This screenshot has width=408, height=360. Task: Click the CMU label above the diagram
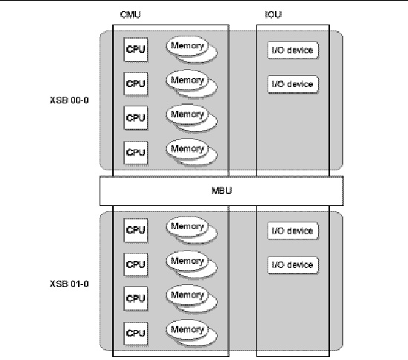(x=130, y=15)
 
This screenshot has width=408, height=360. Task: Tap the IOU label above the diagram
(x=273, y=15)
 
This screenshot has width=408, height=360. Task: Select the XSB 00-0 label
(x=69, y=100)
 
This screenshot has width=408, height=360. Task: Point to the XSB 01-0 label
(x=69, y=283)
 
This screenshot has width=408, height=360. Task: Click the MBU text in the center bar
(x=221, y=190)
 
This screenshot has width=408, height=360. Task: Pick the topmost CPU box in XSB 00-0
(x=136, y=50)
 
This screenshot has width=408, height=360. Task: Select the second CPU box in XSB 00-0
(x=136, y=83)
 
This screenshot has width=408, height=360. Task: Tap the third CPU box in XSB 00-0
(x=136, y=118)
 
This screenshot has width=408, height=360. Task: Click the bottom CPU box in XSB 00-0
(x=136, y=152)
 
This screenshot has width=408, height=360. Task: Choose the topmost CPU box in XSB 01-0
(x=136, y=231)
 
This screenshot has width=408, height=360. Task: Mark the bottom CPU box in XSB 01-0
(x=136, y=333)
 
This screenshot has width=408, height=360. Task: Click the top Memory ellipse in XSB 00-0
(x=187, y=46)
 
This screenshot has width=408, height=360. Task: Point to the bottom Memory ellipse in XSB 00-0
(x=187, y=149)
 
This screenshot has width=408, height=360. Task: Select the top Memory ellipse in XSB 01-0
(x=187, y=226)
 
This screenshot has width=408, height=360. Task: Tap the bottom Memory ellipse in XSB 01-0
(x=187, y=330)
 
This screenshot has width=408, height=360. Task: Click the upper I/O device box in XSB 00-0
(x=293, y=50)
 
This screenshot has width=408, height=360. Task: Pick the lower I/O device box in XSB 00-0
(x=293, y=84)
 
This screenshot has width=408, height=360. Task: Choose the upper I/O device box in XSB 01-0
(x=293, y=231)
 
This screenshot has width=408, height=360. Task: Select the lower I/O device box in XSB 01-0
(x=293, y=265)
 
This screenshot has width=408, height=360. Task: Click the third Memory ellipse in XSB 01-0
(x=187, y=295)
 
